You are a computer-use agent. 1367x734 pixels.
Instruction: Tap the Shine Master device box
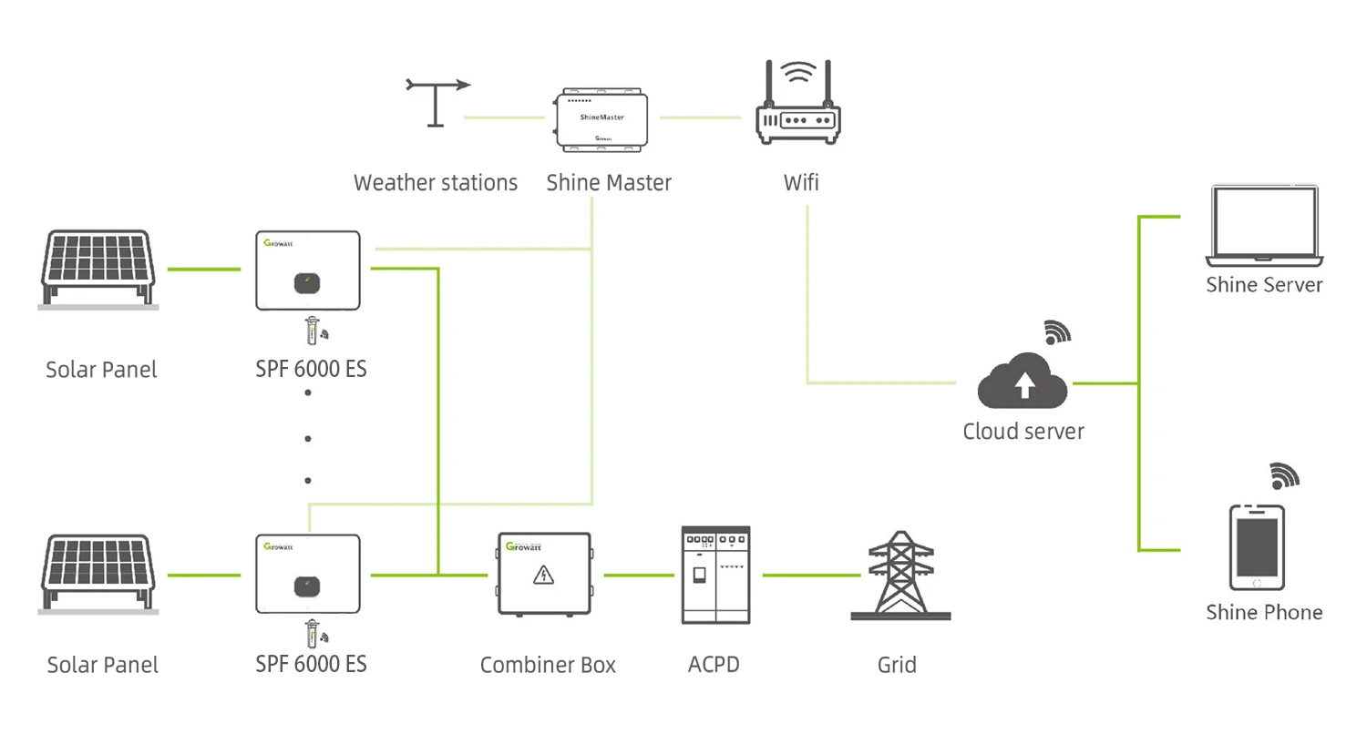coord(601,118)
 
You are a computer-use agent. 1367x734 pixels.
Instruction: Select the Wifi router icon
coord(797,107)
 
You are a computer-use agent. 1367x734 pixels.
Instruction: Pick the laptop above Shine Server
coord(1264,226)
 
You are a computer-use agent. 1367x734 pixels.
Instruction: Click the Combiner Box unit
coord(544,575)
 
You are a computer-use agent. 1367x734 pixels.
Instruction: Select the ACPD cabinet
coord(716,575)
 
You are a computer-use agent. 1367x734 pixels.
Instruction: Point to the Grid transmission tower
coord(900,576)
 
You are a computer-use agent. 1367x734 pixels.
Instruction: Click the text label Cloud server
coord(1023,430)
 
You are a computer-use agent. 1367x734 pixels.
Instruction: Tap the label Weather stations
coord(436,183)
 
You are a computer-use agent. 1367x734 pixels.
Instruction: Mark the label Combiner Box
coord(548,665)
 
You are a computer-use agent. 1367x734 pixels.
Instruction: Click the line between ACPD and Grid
coord(811,575)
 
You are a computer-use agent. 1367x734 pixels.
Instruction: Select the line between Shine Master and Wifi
coord(700,117)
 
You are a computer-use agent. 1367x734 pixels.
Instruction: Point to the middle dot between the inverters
coord(308,439)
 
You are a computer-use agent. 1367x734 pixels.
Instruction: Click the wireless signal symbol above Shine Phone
coord(1284,476)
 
